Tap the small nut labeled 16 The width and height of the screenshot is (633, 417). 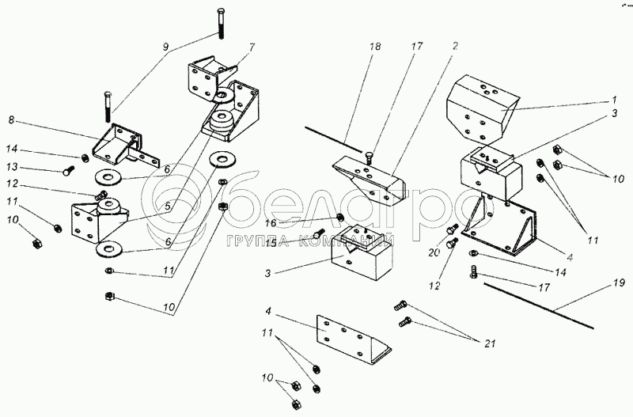coord(339,218)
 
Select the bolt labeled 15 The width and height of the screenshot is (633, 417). coord(319,233)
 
